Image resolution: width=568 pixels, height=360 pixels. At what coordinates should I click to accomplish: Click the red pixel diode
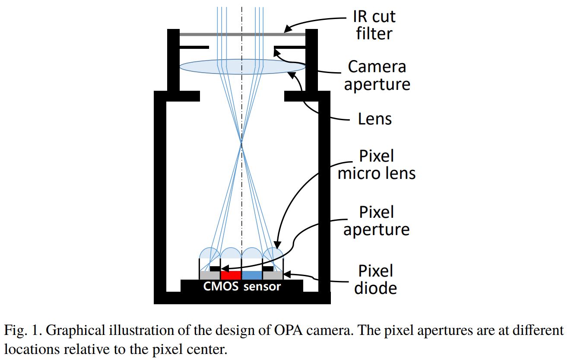[x=231, y=275]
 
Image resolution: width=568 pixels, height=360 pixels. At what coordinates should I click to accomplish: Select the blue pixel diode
[x=252, y=275]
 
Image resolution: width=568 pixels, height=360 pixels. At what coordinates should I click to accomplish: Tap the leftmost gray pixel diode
[x=209, y=275]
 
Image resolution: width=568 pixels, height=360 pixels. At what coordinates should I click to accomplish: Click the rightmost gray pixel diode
[x=273, y=275]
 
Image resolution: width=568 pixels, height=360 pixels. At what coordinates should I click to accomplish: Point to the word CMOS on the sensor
[x=221, y=287]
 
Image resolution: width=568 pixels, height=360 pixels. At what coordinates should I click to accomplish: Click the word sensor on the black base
[x=262, y=287]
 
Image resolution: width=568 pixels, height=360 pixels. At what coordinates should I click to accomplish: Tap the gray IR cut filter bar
[x=242, y=34]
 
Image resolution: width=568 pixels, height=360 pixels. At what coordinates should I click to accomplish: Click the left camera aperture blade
[x=194, y=46]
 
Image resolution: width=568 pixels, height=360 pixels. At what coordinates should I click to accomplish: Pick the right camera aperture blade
[x=290, y=46]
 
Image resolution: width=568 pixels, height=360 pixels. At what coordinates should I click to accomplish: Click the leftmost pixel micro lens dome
[x=209, y=254]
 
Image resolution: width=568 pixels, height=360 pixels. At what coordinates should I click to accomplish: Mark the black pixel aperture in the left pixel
[x=215, y=268]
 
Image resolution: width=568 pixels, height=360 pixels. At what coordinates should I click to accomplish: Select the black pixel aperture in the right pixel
[x=268, y=268]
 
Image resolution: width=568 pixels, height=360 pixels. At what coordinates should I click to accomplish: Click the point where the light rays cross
[x=242, y=144]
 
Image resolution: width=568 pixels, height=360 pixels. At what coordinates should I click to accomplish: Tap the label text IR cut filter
[x=375, y=25]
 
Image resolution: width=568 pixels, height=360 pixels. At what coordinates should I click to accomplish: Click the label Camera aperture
[x=377, y=75]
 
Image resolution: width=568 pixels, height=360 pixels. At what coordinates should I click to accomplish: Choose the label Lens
[x=374, y=119]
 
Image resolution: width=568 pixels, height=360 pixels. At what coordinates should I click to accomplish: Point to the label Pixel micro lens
[x=376, y=165]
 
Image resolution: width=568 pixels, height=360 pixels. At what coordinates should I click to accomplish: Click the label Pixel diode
[x=376, y=279]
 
